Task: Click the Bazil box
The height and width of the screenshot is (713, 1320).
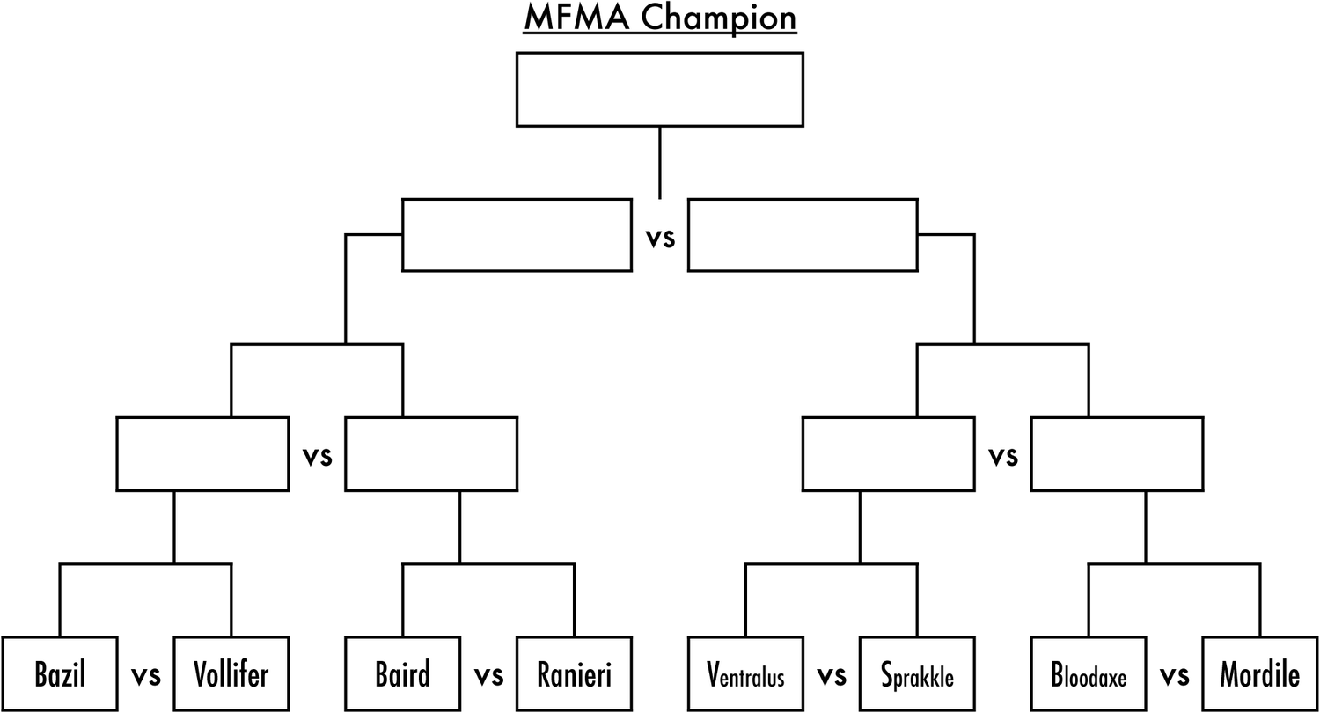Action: (x=60, y=674)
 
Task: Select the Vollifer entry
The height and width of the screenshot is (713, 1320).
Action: (x=231, y=674)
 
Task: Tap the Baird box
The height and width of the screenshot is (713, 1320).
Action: (x=402, y=674)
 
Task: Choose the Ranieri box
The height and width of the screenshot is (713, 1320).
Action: (x=574, y=674)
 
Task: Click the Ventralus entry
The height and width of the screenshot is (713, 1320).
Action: (x=745, y=674)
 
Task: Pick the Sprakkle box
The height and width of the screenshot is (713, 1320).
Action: (x=917, y=674)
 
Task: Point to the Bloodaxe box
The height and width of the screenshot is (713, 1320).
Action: (x=1089, y=674)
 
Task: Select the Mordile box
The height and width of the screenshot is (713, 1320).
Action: (x=1259, y=674)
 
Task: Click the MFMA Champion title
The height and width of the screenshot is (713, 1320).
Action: (x=659, y=18)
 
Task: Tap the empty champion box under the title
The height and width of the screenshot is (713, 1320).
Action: (x=659, y=89)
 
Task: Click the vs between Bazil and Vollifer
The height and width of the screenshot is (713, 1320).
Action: (x=146, y=676)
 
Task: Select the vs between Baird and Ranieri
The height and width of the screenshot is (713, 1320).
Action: (x=488, y=676)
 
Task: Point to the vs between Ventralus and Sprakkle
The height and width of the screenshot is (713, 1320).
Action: (x=831, y=676)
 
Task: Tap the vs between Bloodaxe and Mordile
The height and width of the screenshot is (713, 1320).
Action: (x=1174, y=676)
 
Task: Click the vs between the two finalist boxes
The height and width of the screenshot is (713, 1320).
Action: (x=660, y=238)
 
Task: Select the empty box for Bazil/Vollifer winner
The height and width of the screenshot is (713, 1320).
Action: (x=202, y=453)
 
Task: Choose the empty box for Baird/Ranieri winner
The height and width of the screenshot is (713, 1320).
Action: (x=431, y=453)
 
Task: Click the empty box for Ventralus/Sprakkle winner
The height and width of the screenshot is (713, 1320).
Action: (x=888, y=453)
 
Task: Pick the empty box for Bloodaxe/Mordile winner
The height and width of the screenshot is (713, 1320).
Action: (x=1117, y=453)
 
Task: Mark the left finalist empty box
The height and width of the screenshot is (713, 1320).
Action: (x=517, y=235)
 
